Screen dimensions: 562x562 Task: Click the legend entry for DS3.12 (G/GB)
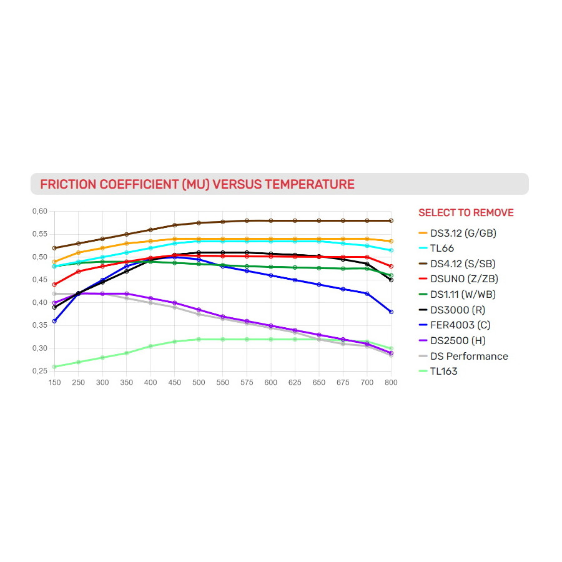pyautogui.click(x=463, y=234)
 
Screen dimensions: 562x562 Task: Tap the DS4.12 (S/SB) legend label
pyautogui.click(x=464, y=264)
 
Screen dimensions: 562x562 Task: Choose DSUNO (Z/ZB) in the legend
pyautogui.click(x=464, y=279)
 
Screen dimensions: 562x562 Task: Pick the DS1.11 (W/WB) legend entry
pyautogui.click(x=464, y=295)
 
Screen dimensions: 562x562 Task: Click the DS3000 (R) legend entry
pyautogui.click(x=457, y=310)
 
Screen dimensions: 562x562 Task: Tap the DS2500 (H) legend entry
pyautogui.click(x=458, y=341)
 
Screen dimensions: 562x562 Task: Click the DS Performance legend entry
pyautogui.click(x=469, y=356)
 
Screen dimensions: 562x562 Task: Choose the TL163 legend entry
pyautogui.click(x=444, y=372)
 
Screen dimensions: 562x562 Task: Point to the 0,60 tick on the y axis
pyautogui.click(x=39, y=211)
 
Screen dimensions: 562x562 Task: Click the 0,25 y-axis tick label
pyautogui.click(x=39, y=371)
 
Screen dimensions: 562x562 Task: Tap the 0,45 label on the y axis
pyautogui.click(x=39, y=280)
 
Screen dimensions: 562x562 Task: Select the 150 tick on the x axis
pyautogui.click(x=54, y=382)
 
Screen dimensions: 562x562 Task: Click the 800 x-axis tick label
pyautogui.click(x=391, y=382)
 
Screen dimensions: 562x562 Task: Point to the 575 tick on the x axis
pyautogui.click(x=247, y=382)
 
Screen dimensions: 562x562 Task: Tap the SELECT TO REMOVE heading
pyautogui.click(x=466, y=213)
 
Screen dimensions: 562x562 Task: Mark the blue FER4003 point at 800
pyautogui.click(x=391, y=312)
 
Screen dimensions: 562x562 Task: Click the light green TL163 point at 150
pyautogui.click(x=54, y=367)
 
